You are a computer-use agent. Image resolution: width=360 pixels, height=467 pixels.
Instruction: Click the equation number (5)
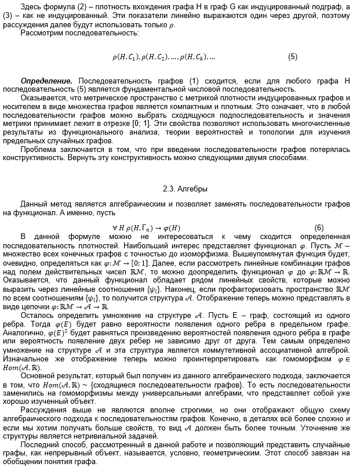click(x=292, y=57)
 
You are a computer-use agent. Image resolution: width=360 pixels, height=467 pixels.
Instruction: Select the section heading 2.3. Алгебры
click(x=180, y=189)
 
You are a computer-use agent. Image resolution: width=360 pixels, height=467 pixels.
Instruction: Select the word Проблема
click(x=38, y=149)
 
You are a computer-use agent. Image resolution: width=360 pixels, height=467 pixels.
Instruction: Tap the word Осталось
click(x=37, y=314)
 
